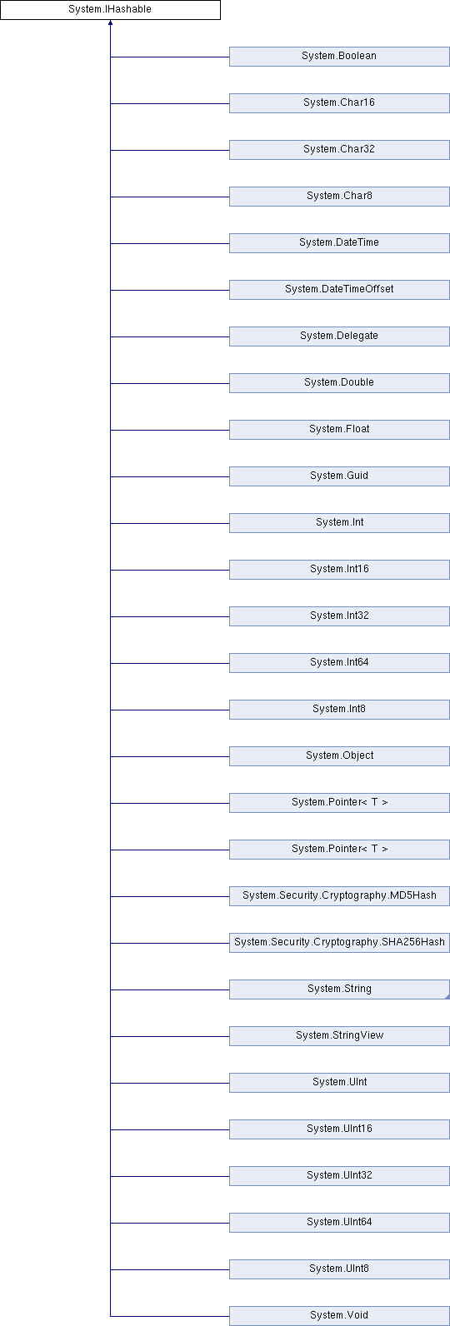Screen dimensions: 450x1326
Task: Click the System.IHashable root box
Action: tap(110, 9)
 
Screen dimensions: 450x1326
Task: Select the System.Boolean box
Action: tap(339, 57)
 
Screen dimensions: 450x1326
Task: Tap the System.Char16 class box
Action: tap(339, 103)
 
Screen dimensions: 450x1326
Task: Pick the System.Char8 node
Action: tap(339, 197)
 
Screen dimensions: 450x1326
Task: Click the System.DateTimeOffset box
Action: tap(339, 290)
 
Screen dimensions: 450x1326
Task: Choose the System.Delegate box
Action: tap(339, 336)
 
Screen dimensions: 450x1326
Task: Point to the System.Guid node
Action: tap(339, 476)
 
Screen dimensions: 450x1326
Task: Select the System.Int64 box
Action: tap(339, 663)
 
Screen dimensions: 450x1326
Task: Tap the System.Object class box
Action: tap(339, 756)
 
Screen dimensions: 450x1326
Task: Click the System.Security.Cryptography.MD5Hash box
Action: tap(339, 896)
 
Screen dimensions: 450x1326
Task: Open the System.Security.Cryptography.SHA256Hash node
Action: tap(339, 943)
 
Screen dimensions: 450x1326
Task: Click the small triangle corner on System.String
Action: tap(447, 997)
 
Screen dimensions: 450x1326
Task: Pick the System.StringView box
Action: tap(339, 1036)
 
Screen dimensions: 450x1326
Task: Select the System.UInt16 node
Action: tap(339, 1129)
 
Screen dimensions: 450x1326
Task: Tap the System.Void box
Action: tap(339, 1316)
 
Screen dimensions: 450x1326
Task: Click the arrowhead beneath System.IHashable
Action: tap(110, 23)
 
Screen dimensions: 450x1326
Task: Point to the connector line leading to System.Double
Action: tap(170, 384)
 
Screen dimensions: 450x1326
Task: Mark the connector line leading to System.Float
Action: tap(170, 431)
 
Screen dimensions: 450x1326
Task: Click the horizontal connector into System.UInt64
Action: tap(170, 1223)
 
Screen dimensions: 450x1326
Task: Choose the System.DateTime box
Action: tap(339, 243)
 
